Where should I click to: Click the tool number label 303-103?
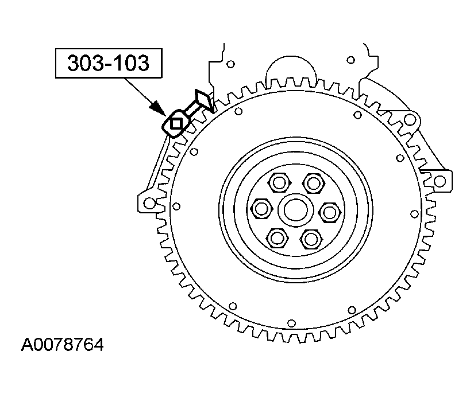(x=107, y=63)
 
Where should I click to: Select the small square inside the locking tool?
(x=176, y=122)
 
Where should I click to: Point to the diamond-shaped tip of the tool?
(x=203, y=99)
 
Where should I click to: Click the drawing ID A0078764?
(x=63, y=345)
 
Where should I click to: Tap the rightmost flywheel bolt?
(x=329, y=212)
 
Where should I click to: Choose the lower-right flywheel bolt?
(x=311, y=237)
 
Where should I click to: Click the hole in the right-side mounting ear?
(x=439, y=181)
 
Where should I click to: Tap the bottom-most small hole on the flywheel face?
(x=291, y=323)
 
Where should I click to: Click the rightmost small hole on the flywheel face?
(x=414, y=213)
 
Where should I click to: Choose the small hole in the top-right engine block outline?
(x=349, y=59)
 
